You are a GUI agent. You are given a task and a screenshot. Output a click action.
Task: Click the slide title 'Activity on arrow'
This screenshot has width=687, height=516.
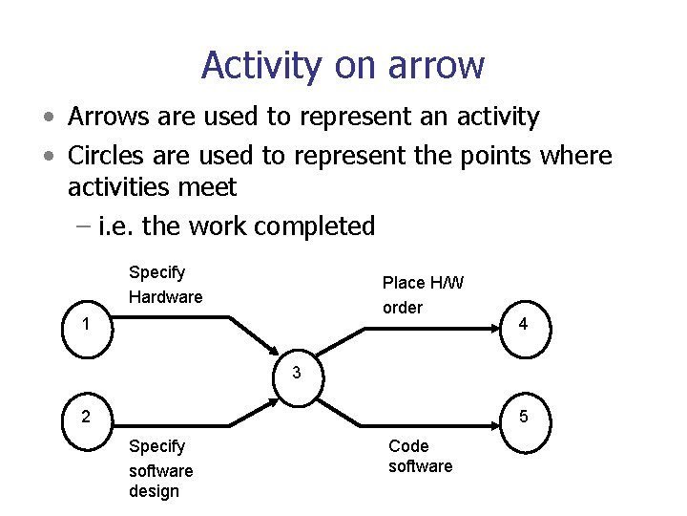coord(343,65)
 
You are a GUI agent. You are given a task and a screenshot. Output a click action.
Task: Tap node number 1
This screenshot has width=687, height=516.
coord(87,324)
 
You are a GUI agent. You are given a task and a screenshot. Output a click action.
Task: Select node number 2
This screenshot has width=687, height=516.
coord(87,416)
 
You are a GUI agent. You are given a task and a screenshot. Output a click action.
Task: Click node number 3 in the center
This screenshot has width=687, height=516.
coord(297,372)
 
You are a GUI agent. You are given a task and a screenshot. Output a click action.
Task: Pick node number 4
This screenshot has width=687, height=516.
coord(522,325)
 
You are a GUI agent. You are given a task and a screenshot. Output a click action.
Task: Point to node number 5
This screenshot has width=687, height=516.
coord(522,416)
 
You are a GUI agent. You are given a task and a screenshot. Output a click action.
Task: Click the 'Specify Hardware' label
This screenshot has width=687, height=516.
coord(165,285)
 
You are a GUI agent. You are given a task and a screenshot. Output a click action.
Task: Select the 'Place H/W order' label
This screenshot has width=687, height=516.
coord(423,294)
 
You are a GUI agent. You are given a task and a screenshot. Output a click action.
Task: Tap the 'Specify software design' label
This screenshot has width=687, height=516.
coord(160,468)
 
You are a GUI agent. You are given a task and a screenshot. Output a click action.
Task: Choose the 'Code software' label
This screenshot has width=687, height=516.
coord(420,456)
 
